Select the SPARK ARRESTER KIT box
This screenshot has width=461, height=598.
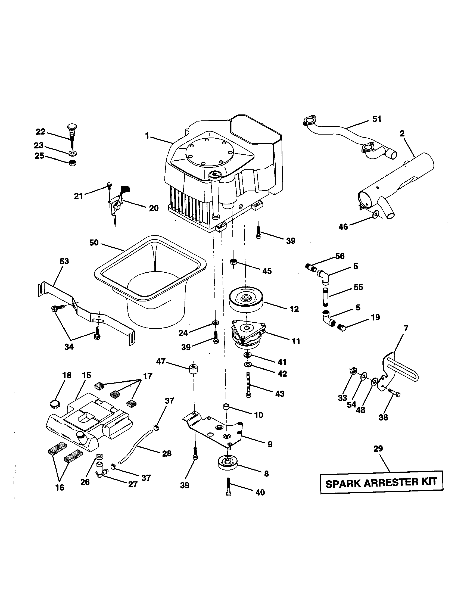point(382,482)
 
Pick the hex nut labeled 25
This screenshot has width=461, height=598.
point(72,163)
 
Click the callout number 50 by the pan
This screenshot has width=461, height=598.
point(94,242)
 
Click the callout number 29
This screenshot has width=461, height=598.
point(378,449)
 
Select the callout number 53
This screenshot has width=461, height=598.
point(65,261)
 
